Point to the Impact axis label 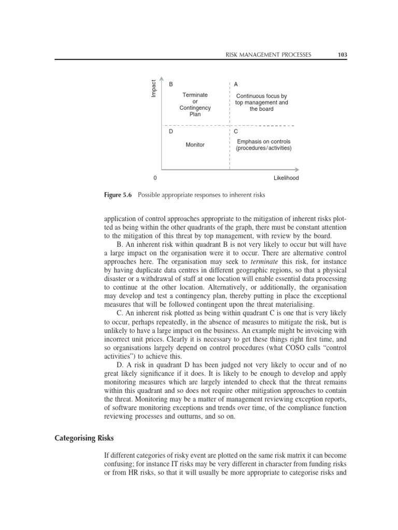pyautogui.click(x=154, y=87)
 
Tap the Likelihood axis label pyautogui.click(x=287, y=178)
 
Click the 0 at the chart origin pyautogui.click(x=155, y=178)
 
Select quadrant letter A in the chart pyautogui.click(x=236, y=83)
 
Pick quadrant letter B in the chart pyautogui.click(x=171, y=83)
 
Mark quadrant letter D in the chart pyautogui.click(x=171, y=131)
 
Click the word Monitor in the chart pyautogui.click(x=195, y=145)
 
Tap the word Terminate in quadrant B pyautogui.click(x=195, y=95)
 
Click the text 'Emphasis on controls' pyautogui.click(x=264, y=141)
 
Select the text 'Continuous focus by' pyautogui.click(x=262, y=96)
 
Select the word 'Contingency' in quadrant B pyautogui.click(x=195, y=108)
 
